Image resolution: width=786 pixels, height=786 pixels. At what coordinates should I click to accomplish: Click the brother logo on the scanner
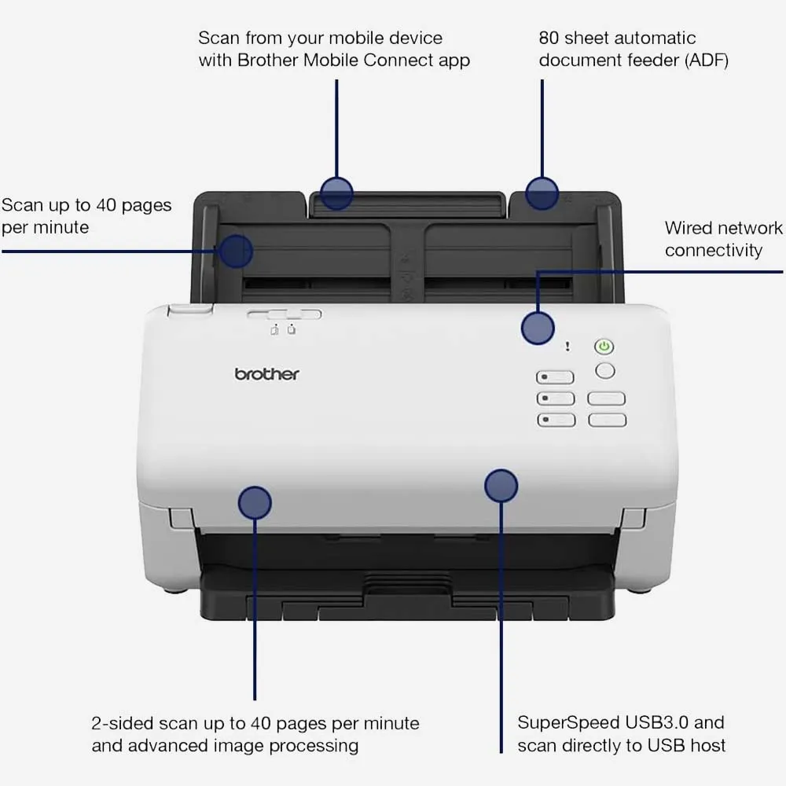pyautogui.click(x=266, y=374)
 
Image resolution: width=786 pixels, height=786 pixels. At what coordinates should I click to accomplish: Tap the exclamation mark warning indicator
pyautogui.click(x=567, y=346)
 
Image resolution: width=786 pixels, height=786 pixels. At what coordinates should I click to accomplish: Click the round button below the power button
pyautogui.click(x=605, y=371)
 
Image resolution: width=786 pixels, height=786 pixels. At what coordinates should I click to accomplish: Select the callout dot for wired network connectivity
pyautogui.click(x=538, y=329)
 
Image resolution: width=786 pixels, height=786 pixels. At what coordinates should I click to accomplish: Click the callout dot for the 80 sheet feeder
pyautogui.click(x=542, y=193)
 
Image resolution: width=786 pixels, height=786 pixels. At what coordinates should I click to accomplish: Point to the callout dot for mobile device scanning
pyautogui.click(x=336, y=193)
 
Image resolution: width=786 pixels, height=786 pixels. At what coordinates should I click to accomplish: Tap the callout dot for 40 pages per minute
pyautogui.click(x=236, y=251)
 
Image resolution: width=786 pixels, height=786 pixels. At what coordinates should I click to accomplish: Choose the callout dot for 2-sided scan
pyautogui.click(x=255, y=503)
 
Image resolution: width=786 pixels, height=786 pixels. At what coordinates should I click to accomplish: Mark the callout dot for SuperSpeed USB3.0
pyautogui.click(x=501, y=486)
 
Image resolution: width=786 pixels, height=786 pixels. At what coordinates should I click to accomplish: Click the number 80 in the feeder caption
pyautogui.click(x=549, y=38)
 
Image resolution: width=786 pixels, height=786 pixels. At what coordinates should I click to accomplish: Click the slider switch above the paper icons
pyautogui.click(x=285, y=314)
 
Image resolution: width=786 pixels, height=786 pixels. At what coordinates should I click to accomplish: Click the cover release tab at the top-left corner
pyautogui.click(x=190, y=309)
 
